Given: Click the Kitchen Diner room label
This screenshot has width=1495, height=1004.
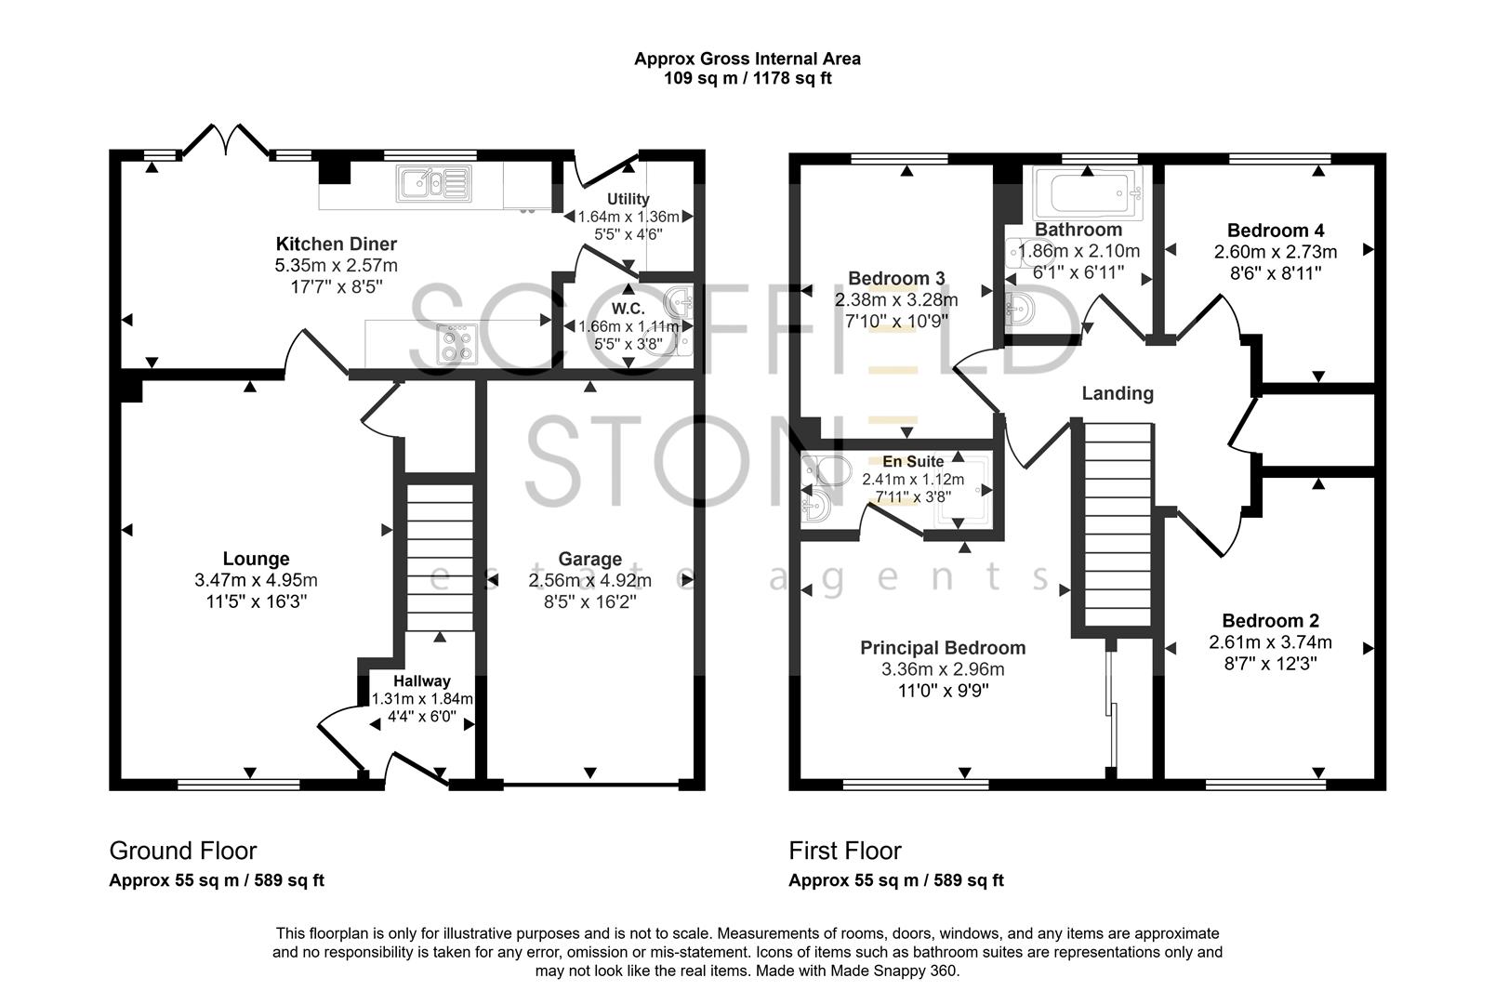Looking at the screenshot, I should coord(336,244).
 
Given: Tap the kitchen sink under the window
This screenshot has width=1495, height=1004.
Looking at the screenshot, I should coord(433,183).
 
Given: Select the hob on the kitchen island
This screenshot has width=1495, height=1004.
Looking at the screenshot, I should coord(456,343).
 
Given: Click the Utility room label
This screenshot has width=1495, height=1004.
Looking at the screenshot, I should coord(628,199).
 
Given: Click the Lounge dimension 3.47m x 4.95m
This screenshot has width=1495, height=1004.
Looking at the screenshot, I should coord(256,580).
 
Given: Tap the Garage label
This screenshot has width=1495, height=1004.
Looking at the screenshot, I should coord(589,559).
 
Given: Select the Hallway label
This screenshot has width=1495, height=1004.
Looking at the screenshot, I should coord(421,680).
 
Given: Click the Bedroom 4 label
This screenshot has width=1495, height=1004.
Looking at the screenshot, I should coord(1275,231).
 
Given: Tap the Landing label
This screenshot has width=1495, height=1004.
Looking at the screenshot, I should coord(1117,393).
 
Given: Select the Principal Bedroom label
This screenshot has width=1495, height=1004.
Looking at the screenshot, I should coord(942,648).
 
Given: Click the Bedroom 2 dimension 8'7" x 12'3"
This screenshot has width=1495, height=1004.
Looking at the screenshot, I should coord(1269,664).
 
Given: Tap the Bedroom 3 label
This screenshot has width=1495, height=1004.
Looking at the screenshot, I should coord(896,278).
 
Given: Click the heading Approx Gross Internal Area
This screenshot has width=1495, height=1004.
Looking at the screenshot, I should coord(747,59).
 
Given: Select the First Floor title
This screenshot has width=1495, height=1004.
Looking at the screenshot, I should coord(844,851).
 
